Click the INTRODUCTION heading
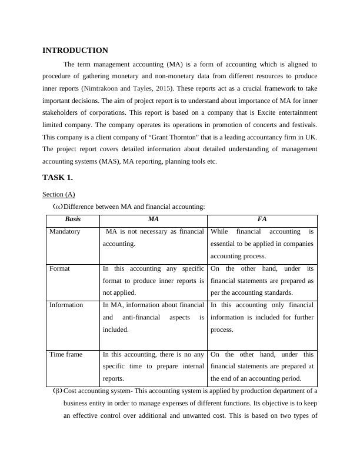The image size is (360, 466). (75, 51)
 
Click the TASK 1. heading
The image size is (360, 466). (58, 177)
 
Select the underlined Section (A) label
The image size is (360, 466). (59, 194)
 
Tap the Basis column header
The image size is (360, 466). (73, 219)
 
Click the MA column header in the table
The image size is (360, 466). (153, 219)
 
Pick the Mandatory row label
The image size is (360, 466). (65, 232)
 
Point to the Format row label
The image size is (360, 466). (59, 268)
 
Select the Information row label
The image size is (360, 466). (66, 305)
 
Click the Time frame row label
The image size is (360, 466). (65, 355)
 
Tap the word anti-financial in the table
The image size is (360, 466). (143, 318)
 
